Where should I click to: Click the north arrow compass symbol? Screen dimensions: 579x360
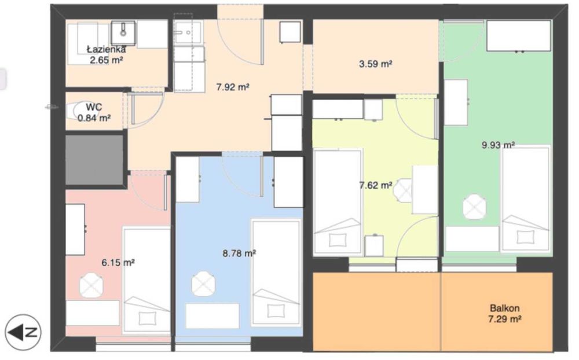(x=23, y=332)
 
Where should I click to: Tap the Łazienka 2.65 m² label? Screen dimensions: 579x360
(x=107, y=54)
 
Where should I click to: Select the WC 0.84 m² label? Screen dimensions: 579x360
(x=94, y=113)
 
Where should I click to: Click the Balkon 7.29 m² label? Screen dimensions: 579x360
(x=505, y=313)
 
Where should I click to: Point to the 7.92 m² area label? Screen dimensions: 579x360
(x=233, y=87)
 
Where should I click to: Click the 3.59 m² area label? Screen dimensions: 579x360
(x=376, y=64)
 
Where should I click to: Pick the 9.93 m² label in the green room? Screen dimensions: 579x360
(x=498, y=145)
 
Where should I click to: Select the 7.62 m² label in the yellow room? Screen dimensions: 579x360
(x=376, y=185)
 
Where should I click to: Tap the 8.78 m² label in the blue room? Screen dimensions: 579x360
(x=239, y=254)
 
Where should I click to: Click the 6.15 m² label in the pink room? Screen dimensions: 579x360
(x=118, y=263)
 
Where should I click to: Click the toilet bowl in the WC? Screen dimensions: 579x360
(x=80, y=109)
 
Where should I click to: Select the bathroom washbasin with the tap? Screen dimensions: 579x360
(x=123, y=33)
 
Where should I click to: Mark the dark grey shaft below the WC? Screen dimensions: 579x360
(x=94, y=160)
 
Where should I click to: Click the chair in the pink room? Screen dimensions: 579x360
(x=91, y=285)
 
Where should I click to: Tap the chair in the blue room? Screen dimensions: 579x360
(x=203, y=284)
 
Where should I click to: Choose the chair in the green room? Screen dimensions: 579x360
(x=475, y=207)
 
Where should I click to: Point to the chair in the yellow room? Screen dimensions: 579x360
(x=403, y=190)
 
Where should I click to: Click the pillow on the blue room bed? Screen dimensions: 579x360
(x=276, y=311)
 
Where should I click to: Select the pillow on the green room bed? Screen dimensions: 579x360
(x=526, y=237)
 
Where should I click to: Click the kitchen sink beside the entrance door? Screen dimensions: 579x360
(x=188, y=32)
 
